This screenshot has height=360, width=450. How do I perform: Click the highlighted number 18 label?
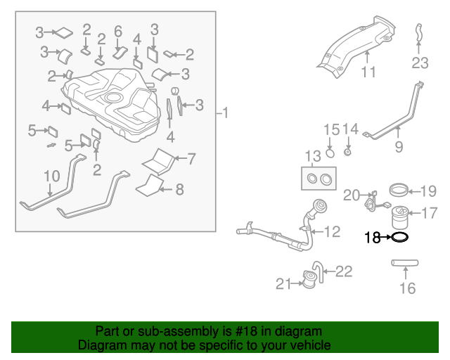pyautogui.click(x=372, y=238)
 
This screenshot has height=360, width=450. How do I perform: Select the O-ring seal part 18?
pyautogui.click(x=399, y=238)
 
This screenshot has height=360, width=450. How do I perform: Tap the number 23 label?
pyautogui.click(x=420, y=63)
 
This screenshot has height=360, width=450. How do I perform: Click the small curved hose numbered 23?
pyautogui.click(x=418, y=32)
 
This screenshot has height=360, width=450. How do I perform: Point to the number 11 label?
pyautogui.click(x=368, y=72)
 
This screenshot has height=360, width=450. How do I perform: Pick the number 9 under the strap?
pyautogui.click(x=399, y=147)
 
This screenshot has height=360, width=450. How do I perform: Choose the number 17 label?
pyautogui.click(x=428, y=212)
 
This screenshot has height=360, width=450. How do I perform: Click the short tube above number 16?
pyautogui.click(x=404, y=264)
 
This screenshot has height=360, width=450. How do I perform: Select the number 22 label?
pyautogui.click(x=343, y=271)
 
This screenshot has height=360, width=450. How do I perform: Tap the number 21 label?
pyautogui.click(x=283, y=283)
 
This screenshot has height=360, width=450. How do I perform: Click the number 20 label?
pyautogui.click(x=352, y=195)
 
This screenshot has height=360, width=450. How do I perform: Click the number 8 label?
pyautogui.click(x=179, y=188)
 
